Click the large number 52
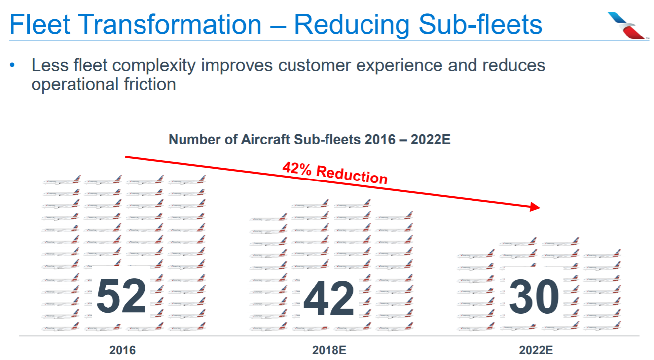[121, 296]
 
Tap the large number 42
[329, 298]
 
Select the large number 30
[534, 296]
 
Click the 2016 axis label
[122, 351]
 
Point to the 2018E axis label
[329, 351]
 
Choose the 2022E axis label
[536, 351]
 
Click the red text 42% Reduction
[335, 173]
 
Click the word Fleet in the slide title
[36, 24]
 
